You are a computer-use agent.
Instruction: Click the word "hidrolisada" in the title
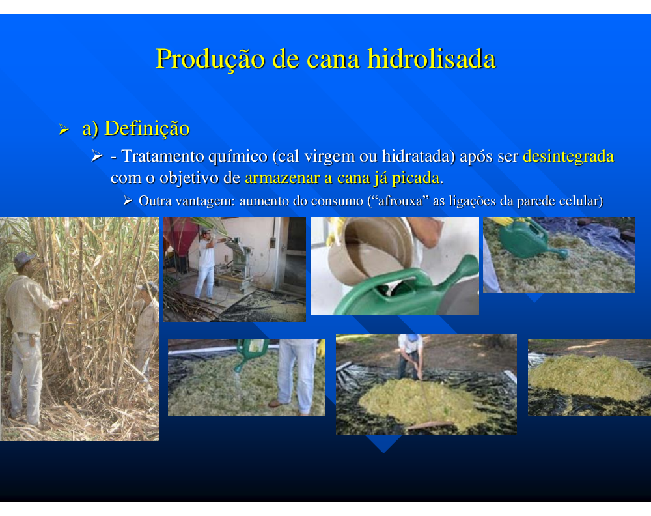(432, 59)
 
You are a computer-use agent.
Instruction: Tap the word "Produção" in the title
(210, 59)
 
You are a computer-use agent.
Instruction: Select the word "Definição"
(147, 128)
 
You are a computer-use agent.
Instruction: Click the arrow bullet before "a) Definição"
(64, 129)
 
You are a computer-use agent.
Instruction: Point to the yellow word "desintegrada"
(568, 156)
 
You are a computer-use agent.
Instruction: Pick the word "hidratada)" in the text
(419, 156)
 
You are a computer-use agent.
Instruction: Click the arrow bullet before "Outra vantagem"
(128, 201)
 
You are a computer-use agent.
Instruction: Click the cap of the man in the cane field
(24, 259)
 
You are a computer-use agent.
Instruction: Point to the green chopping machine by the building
(236, 262)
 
